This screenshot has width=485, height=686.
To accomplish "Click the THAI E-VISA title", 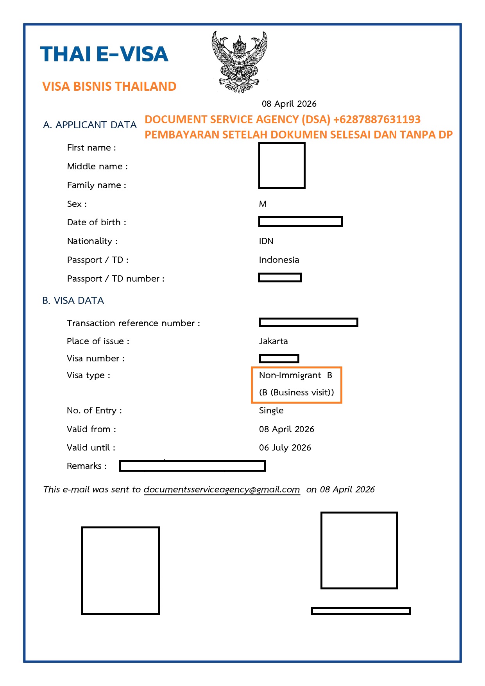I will (x=104, y=54).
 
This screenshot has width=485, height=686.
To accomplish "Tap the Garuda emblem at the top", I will (x=239, y=62).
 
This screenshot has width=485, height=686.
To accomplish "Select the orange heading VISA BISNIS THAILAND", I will (x=109, y=86).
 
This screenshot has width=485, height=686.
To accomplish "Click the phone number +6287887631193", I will (x=377, y=119).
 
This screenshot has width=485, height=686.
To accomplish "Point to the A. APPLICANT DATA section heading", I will (x=90, y=125).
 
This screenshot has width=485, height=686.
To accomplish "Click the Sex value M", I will (x=263, y=204).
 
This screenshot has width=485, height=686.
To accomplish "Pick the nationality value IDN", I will (x=266, y=241).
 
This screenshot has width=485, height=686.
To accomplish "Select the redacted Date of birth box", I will (x=301, y=222).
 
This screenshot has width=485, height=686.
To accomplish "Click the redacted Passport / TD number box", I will (x=280, y=278).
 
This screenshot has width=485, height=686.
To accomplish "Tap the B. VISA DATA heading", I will (x=73, y=300).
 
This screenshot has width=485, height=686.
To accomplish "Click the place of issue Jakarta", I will (x=273, y=341).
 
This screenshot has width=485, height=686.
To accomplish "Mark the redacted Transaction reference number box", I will (x=308, y=322).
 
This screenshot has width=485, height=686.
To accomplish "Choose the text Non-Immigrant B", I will (x=295, y=375).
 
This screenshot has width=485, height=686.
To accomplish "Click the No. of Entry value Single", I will (x=271, y=410).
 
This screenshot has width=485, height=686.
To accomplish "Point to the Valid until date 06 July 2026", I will (x=285, y=447).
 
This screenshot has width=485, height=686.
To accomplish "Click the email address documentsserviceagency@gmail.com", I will (x=222, y=489).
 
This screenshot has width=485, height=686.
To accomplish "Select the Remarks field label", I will (x=86, y=466).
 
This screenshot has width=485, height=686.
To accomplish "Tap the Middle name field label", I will (x=97, y=166).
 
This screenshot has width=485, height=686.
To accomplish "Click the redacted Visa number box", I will (x=279, y=358).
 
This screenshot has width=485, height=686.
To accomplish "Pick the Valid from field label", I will (x=91, y=429).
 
